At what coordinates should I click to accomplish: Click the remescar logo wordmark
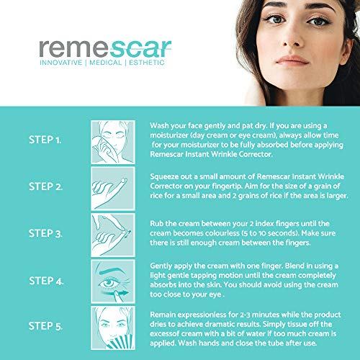pyautogui.click(x=105, y=48)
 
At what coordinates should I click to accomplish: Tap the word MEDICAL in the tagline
pyautogui.click(x=105, y=63)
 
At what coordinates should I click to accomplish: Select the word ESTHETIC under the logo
pyautogui.click(x=147, y=63)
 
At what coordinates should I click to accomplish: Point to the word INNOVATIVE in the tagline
pyautogui.click(x=61, y=63)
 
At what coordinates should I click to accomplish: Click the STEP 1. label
pyautogui.click(x=45, y=140)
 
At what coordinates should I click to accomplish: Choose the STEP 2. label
pyautogui.click(x=45, y=186)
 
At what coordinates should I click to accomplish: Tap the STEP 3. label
pyautogui.click(x=45, y=233)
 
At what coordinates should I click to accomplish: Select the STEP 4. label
pyautogui.click(x=46, y=281)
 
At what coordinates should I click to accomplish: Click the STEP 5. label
pyautogui.click(x=45, y=326)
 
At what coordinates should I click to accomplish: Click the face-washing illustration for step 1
pyautogui.click(x=113, y=142)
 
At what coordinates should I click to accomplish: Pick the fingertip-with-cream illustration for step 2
pyautogui.click(x=113, y=189)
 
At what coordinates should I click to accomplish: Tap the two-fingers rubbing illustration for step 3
pyautogui.click(x=113, y=235)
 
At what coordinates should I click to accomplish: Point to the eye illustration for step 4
pyautogui.click(x=113, y=282)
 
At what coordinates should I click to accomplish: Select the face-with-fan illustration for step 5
pyautogui.click(x=113, y=328)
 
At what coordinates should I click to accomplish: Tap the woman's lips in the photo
pyautogui.click(x=292, y=60)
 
